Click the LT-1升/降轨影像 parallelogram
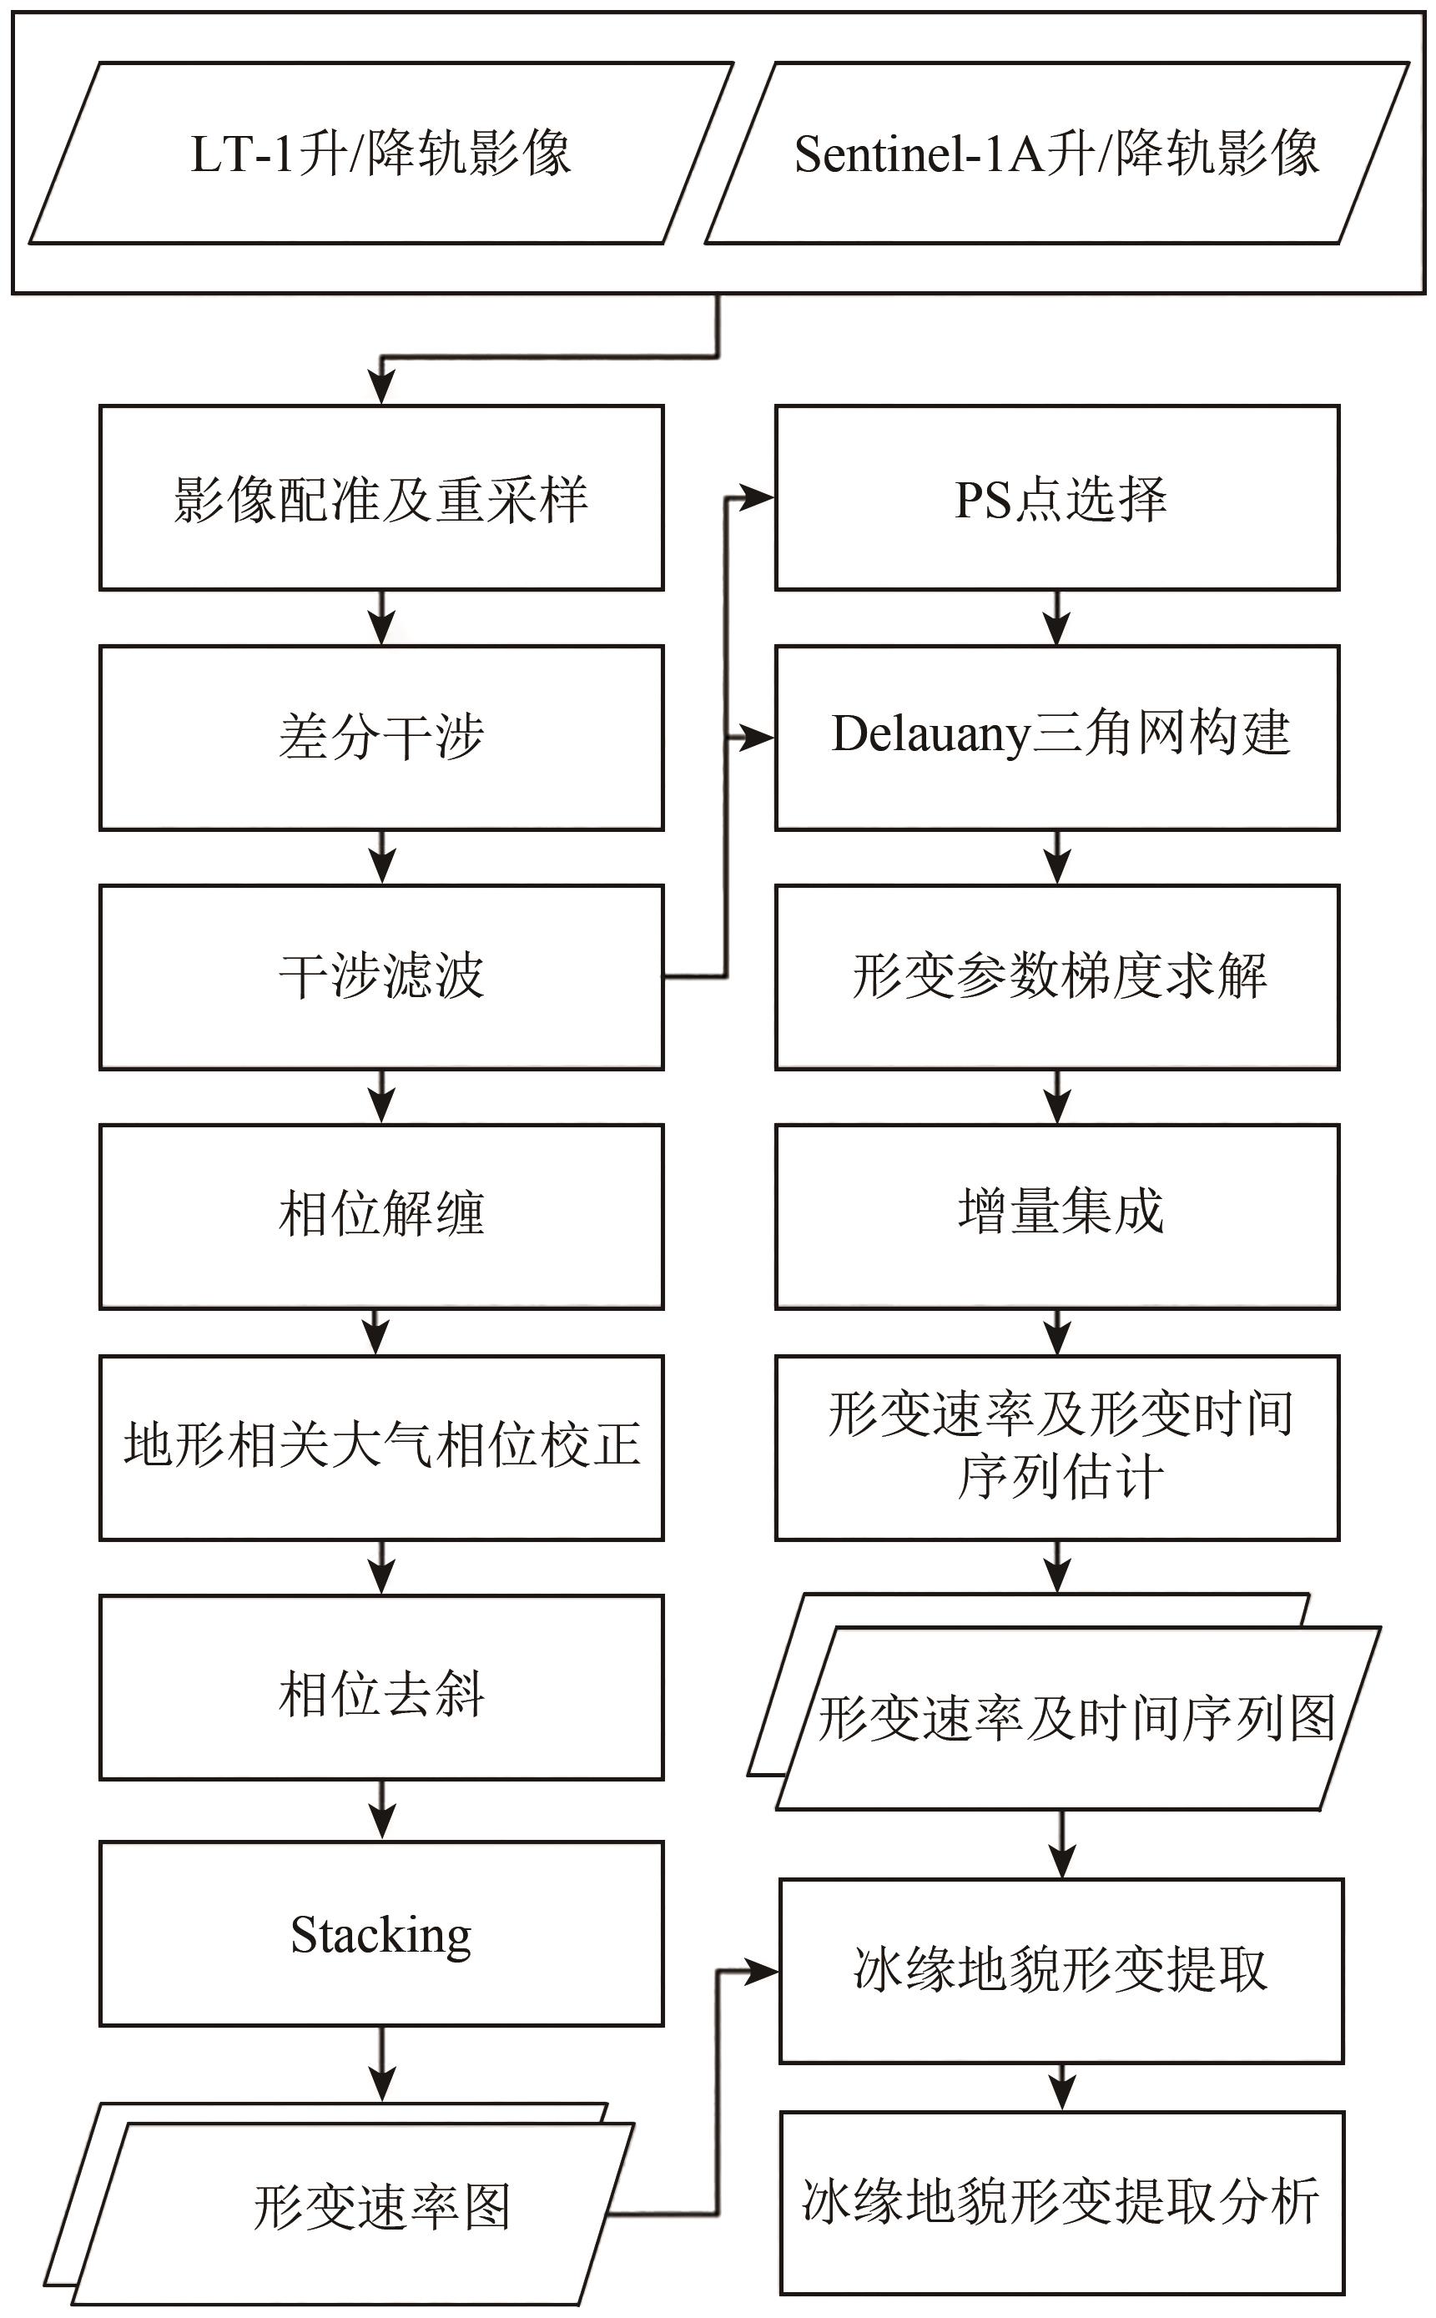click(x=380, y=153)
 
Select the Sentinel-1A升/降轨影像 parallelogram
click(x=1056, y=153)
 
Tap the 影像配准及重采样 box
click(x=380, y=497)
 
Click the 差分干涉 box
click(x=380, y=738)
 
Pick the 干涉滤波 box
click(x=380, y=977)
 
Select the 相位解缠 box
click(x=380, y=1217)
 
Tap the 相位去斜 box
click(x=380, y=1687)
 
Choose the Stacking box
click(x=380, y=1933)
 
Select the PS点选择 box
click(x=1057, y=497)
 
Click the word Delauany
click(x=930, y=735)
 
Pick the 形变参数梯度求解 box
click(x=1057, y=977)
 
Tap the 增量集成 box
click(x=1057, y=1217)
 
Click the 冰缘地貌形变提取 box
click(x=1061, y=1970)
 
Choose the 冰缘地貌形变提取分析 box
click(x=1061, y=2202)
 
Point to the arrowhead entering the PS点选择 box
click(x=760, y=496)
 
